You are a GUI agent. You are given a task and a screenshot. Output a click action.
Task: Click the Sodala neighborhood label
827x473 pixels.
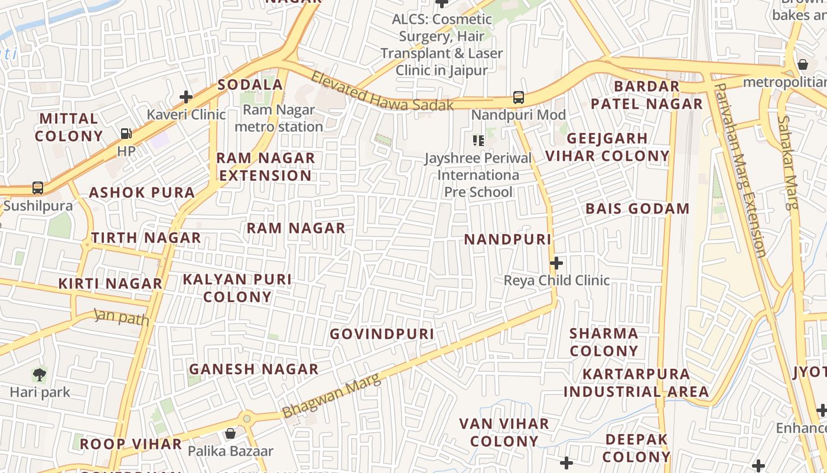(x=250, y=85)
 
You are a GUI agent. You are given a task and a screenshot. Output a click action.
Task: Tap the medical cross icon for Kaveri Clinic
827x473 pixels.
(x=186, y=97)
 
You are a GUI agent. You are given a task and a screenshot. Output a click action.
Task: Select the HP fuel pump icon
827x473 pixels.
(x=126, y=134)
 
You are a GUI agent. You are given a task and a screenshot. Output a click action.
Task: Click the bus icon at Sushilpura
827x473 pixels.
(x=38, y=188)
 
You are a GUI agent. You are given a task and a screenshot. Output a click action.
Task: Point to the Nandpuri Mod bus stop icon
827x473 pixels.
(x=518, y=97)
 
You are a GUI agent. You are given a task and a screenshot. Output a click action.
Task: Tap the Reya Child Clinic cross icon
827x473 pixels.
(x=556, y=263)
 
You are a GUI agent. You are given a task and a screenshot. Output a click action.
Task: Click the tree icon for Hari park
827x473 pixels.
(x=40, y=374)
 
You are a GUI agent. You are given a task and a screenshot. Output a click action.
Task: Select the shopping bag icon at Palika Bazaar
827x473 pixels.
(x=230, y=433)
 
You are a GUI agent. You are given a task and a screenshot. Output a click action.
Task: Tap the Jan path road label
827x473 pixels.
(x=122, y=317)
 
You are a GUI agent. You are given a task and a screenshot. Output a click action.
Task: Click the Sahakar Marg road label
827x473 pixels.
(x=787, y=163)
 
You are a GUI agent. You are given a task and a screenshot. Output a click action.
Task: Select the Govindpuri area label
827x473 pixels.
(x=382, y=334)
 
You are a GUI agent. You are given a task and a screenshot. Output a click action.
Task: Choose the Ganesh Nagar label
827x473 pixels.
(x=253, y=369)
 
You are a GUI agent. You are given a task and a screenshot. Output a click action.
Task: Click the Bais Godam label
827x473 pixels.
(x=637, y=209)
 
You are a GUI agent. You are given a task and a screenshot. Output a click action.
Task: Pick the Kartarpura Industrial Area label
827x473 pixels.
(x=636, y=383)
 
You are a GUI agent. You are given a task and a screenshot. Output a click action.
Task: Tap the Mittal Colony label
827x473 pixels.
(x=69, y=127)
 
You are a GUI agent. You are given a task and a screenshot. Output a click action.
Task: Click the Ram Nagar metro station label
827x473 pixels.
(x=279, y=118)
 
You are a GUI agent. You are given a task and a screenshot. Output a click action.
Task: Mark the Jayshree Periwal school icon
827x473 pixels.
(x=478, y=140)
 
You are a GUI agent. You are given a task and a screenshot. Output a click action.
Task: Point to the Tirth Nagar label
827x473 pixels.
(x=146, y=238)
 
